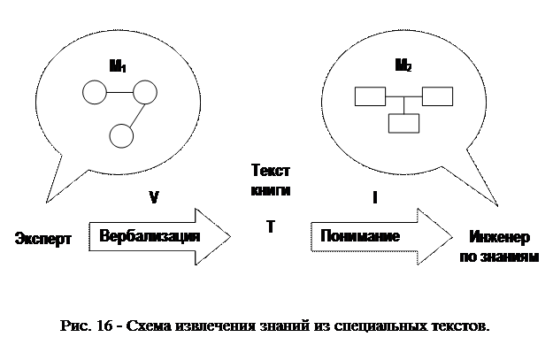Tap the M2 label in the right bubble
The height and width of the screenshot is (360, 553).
pos(403,65)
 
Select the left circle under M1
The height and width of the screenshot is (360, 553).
pos(93,91)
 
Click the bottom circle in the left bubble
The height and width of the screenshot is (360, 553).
pos(120,134)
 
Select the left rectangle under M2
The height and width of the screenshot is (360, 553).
pos(367,95)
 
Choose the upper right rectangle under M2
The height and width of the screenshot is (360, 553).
pos(436,95)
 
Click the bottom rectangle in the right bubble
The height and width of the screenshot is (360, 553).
pos(403,123)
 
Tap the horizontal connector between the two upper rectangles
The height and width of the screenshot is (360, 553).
pos(402,96)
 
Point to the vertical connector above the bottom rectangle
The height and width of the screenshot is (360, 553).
pos(403,105)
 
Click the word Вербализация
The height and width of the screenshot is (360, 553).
pos(150,237)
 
